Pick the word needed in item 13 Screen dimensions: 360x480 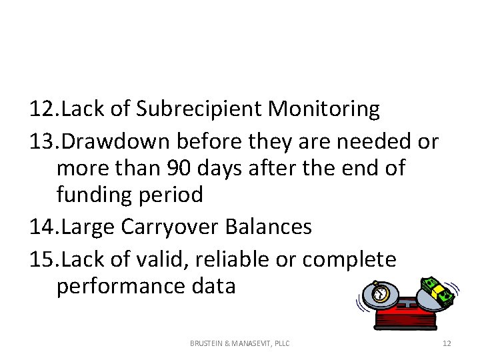tap(378, 141)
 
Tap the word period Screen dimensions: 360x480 tap(173, 195)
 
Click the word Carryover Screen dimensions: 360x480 tap(173, 227)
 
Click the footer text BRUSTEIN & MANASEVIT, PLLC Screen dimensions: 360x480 tap(239, 343)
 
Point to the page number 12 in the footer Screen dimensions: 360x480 tap(447, 343)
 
